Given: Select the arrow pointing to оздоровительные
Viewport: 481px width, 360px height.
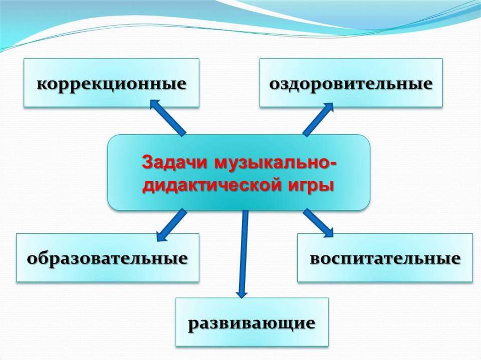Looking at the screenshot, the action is [x=318, y=119].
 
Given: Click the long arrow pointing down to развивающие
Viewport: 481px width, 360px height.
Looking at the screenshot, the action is [x=243, y=253].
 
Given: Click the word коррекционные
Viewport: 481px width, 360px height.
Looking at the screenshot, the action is [x=111, y=84].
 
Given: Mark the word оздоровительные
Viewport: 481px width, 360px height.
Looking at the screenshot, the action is [x=351, y=84].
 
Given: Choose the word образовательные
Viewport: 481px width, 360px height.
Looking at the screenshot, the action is [x=108, y=259].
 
